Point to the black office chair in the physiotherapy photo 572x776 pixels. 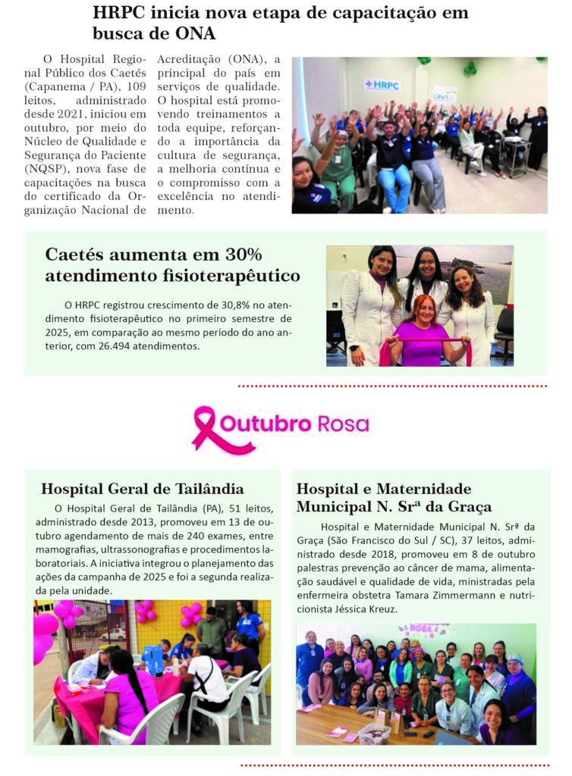504,333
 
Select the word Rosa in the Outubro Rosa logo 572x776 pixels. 344,424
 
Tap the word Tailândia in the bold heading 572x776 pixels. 206,489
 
